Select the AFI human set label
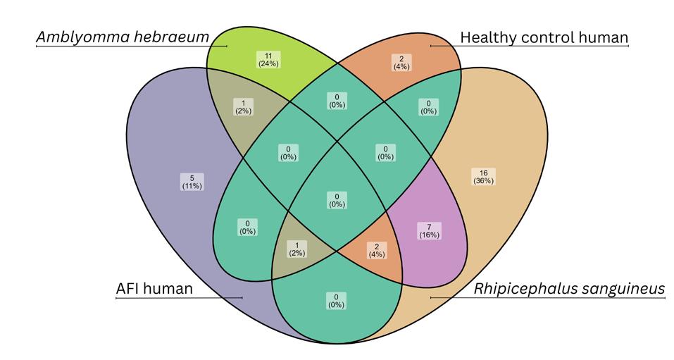coord(154,289)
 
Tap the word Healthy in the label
coord(486,37)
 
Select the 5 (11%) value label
coord(192,182)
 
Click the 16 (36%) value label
coord(484,176)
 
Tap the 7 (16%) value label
coord(428,230)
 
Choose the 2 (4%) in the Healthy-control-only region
coord(402,62)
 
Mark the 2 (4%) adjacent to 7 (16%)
coord(375,249)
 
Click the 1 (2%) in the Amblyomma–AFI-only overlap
coord(243,105)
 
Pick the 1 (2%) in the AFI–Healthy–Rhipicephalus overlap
coord(297,248)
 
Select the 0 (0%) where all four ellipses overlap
coord(337,200)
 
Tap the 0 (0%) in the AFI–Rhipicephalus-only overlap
coord(337,300)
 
